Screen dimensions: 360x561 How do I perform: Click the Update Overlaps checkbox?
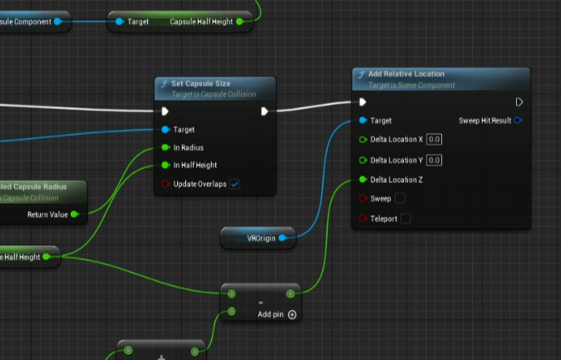234,184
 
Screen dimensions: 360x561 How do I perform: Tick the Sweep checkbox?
400,199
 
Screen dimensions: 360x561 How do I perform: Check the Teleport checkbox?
406,219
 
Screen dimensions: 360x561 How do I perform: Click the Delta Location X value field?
434,140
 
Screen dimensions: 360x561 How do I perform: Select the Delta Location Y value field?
434,160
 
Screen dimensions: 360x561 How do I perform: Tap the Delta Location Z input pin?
362,180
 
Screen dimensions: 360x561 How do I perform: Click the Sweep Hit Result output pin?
518,121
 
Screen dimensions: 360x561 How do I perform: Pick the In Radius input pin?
165,147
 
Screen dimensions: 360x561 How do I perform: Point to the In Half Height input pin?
165,165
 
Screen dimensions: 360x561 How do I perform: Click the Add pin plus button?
292,314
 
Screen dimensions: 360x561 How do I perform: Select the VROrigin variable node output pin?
283,239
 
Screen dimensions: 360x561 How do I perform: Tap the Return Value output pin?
75,215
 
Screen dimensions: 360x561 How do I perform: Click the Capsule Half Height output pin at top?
239,22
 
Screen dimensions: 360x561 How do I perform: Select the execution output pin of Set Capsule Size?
264,111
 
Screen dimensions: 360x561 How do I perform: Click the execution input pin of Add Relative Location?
362,102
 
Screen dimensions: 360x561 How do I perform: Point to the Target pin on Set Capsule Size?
165,130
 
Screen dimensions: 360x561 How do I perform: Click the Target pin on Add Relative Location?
362,121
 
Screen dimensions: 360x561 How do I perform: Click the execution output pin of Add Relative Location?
519,102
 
